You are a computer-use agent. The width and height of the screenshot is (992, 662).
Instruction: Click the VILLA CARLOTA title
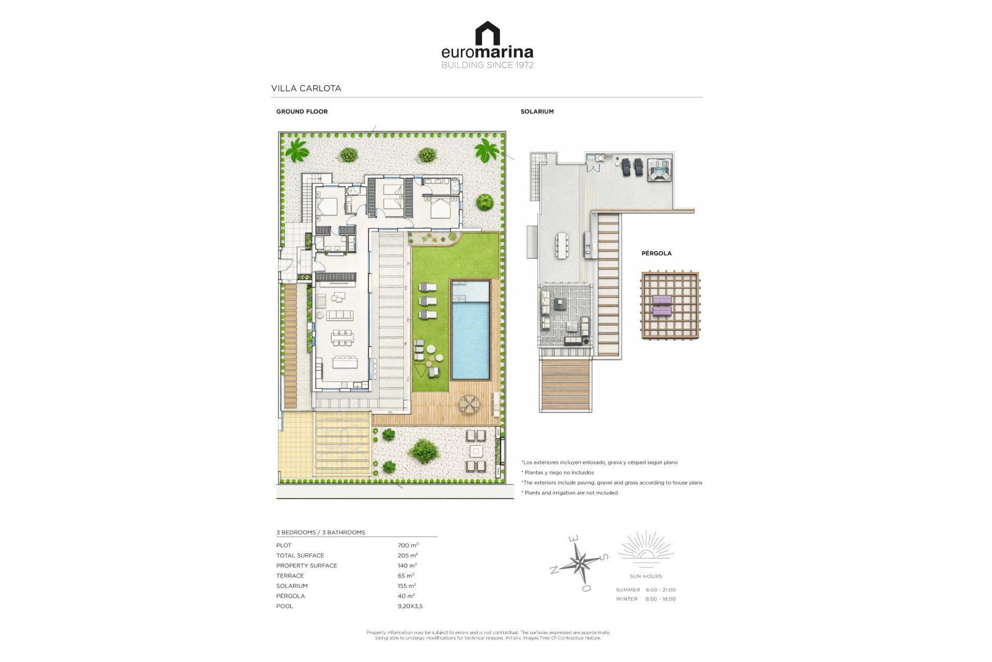306,88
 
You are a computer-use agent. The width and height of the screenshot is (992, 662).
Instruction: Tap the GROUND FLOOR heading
302,112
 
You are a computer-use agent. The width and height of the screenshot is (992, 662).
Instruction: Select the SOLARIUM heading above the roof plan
537,112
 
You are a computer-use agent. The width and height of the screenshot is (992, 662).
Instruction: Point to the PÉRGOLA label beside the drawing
657,253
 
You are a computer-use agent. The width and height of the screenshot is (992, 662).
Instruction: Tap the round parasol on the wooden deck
470,404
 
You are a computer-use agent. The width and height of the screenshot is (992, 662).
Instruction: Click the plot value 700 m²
408,545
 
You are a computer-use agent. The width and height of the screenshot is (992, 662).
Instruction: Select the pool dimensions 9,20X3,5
410,606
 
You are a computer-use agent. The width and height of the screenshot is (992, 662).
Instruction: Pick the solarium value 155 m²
407,586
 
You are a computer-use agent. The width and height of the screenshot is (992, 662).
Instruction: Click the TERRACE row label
290,576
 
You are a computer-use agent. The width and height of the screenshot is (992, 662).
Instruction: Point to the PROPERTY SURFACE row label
306,566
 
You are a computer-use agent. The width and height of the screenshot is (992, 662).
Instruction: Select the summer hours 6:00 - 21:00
660,590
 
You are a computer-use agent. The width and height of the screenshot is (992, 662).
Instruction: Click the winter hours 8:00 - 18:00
660,599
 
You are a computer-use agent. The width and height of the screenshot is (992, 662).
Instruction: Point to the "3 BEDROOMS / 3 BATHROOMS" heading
321,532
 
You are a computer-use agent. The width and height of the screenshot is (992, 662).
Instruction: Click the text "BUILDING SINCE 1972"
487,65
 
